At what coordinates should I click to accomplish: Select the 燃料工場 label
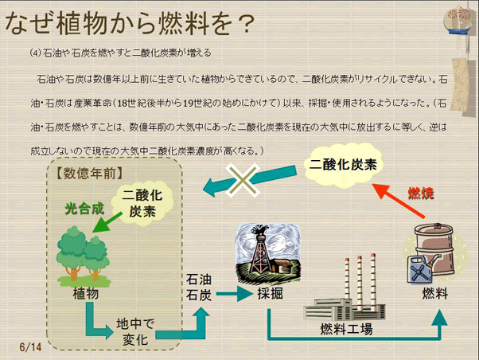pos(346,328)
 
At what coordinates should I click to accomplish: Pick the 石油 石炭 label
pos(199,287)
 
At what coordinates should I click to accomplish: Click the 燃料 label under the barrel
pos(434,294)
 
